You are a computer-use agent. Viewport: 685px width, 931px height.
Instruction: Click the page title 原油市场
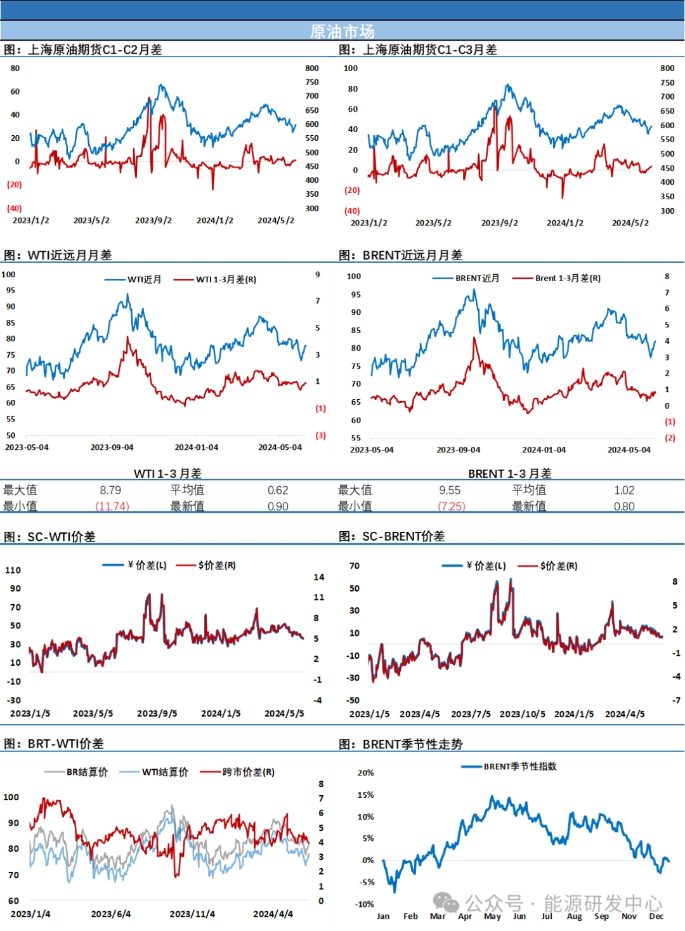point(342,31)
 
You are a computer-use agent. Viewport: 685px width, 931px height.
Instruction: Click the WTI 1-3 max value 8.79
point(110,490)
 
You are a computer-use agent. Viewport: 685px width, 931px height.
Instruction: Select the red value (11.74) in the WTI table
point(112,506)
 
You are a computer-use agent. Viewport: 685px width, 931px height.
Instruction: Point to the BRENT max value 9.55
point(450,490)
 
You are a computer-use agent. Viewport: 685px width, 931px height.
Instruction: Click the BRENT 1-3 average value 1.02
point(624,490)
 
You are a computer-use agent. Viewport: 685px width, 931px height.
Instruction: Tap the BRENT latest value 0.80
point(624,506)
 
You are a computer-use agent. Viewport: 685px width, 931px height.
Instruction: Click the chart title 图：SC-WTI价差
point(50,537)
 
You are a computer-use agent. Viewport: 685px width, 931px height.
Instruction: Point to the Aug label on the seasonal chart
point(574,916)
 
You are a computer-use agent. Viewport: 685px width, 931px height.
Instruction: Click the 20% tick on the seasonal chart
point(366,773)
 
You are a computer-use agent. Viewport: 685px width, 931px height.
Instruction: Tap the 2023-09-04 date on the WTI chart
point(112,447)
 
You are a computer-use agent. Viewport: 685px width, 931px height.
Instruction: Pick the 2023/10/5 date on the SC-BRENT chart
point(522,714)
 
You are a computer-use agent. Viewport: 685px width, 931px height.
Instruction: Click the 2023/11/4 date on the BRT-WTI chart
point(192,914)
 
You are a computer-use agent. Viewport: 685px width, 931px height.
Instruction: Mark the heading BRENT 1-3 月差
point(510,473)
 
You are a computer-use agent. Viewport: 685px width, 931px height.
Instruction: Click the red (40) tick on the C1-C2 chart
point(15,208)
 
